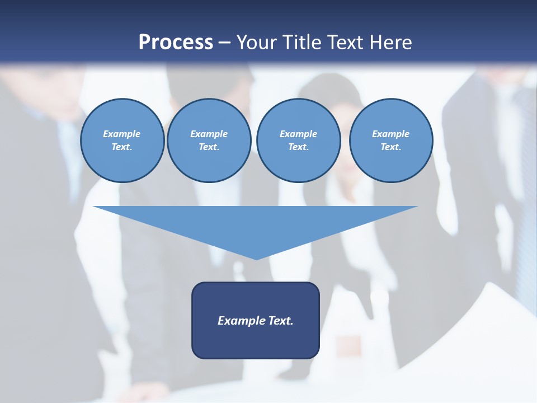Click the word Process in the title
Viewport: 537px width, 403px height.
click(x=176, y=43)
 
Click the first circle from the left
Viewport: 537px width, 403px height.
click(x=122, y=140)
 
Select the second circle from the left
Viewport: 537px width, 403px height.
click(x=209, y=140)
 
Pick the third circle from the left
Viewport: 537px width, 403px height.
click(x=298, y=140)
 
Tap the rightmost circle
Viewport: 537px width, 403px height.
click(x=390, y=140)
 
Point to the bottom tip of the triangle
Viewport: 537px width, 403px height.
click(x=256, y=258)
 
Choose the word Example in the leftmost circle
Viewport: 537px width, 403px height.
click(x=122, y=134)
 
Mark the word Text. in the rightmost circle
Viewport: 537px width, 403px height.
click(x=390, y=147)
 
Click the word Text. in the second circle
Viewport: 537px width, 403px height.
click(x=209, y=147)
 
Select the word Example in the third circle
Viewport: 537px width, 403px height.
click(x=298, y=134)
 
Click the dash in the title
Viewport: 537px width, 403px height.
click(x=224, y=43)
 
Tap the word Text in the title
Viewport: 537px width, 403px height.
click(x=345, y=43)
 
